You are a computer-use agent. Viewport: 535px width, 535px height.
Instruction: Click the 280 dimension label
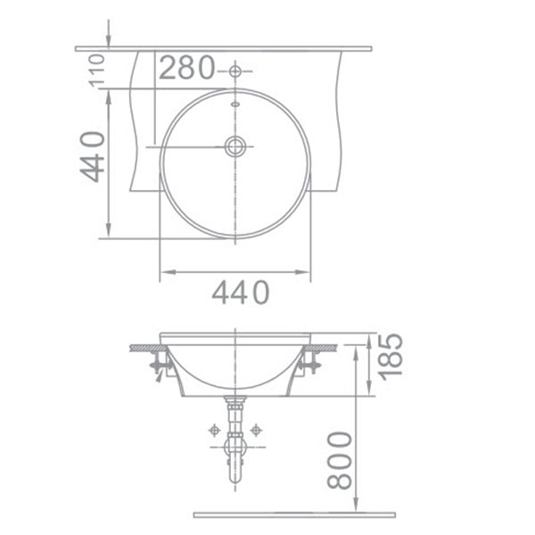coord(187,68)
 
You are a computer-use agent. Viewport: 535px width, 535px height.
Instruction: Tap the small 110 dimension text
coord(98,70)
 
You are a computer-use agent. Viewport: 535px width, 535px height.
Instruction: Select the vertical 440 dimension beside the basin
coord(94,156)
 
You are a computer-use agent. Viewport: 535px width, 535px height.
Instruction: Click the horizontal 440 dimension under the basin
coord(240,292)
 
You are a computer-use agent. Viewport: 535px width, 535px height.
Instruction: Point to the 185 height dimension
coord(390,354)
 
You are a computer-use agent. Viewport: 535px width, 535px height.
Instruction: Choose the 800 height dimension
coord(339,459)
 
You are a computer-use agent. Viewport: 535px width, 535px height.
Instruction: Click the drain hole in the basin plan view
coord(235,146)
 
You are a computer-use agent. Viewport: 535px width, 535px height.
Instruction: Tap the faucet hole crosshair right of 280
coord(235,70)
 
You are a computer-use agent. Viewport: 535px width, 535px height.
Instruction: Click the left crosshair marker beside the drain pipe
coord(214,430)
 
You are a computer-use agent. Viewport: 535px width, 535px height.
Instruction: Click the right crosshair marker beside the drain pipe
coord(256,430)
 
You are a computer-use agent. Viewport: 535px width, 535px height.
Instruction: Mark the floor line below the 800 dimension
coord(294,514)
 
